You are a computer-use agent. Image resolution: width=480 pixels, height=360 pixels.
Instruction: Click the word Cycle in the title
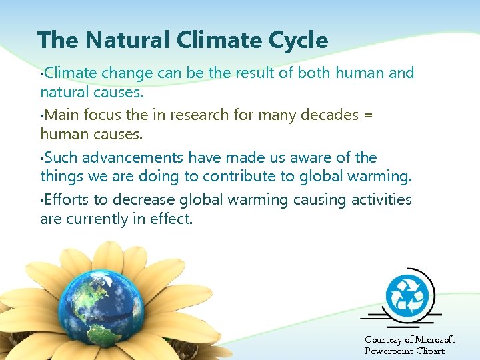[x=297, y=41]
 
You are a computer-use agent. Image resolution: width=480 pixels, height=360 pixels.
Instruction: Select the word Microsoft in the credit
[x=431, y=340]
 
